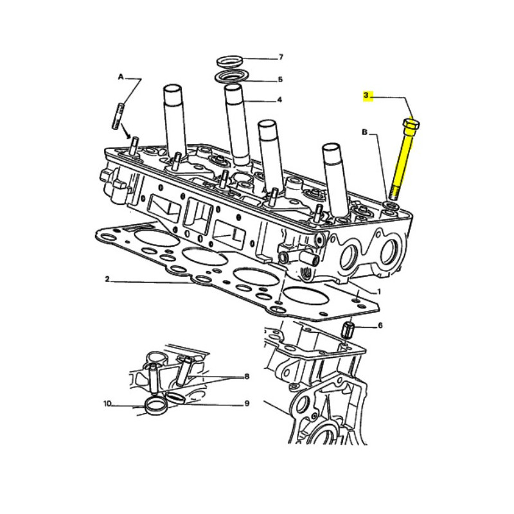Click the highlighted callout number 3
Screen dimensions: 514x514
click(366, 96)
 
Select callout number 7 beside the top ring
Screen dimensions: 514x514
click(281, 57)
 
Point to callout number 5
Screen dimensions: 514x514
click(280, 80)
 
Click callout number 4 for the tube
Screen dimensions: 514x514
click(279, 100)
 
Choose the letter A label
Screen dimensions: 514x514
click(121, 76)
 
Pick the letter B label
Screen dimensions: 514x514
click(364, 132)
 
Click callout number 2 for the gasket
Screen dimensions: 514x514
click(107, 279)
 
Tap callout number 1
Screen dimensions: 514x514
click(379, 292)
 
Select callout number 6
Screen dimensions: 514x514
click(380, 326)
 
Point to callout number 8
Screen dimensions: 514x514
click(247, 377)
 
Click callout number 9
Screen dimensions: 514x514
click(247, 403)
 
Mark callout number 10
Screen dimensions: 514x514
click(108, 403)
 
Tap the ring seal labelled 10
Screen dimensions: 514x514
click(156, 405)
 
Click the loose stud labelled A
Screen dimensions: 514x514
click(119, 116)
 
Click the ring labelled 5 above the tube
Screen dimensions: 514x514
click(231, 78)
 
